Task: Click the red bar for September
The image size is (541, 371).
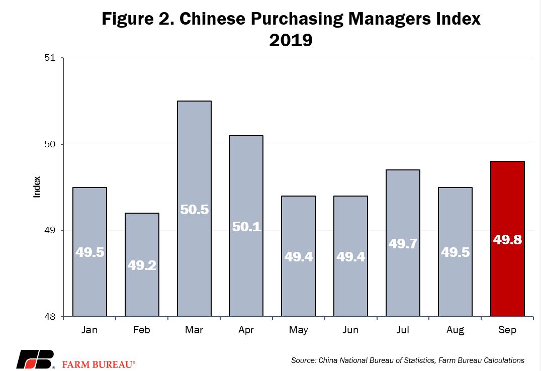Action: tap(507, 239)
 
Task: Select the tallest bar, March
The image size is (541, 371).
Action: tap(194, 209)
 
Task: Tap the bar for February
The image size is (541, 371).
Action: tap(142, 265)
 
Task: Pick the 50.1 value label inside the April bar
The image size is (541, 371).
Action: tap(246, 227)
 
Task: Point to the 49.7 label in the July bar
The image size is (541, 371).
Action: tap(403, 244)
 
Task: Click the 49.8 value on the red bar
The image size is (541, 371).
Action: tap(507, 239)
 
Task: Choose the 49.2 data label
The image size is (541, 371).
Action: tap(142, 265)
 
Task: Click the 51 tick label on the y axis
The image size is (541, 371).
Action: tap(50, 58)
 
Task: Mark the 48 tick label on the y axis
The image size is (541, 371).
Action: tap(50, 317)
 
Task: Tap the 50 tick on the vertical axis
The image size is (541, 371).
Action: tap(50, 144)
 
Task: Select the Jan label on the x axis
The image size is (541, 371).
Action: tap(89, 330)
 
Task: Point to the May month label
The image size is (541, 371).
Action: tap(299, 330)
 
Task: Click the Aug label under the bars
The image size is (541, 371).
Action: tap(455, 330)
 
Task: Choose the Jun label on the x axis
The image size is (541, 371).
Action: tap(350, 330)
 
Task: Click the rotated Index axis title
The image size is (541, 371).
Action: tap(37, 187)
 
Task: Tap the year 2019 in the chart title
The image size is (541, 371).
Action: tap(291, 40)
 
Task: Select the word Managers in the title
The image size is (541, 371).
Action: tap(390, 19)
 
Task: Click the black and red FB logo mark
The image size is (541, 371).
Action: tap(35, 359)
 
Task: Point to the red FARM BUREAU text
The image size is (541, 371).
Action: tap(99, 364)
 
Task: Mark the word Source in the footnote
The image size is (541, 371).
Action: tap(304, 360)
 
